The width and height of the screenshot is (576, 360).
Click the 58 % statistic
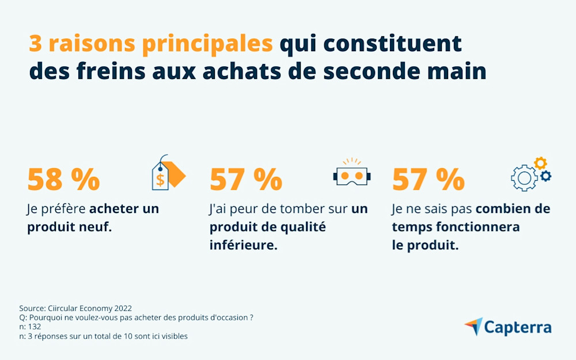63,180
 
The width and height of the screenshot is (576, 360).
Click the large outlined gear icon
524,179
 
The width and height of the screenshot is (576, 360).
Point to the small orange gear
540,163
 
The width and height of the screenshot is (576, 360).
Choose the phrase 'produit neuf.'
69,227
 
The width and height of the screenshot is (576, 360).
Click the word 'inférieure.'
243,245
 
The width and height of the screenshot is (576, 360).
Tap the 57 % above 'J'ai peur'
245,180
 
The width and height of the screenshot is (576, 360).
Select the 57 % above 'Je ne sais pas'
428,180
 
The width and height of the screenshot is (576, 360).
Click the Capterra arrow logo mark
473,327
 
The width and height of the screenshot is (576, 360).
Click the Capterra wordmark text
517,327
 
